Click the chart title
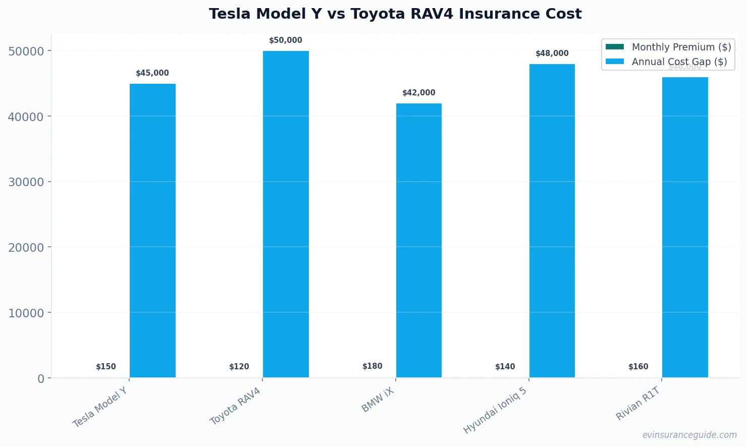click(395, 14)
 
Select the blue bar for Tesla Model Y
click(152, 231)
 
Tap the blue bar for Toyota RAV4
click(286, 214)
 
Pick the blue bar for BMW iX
click(418, 240)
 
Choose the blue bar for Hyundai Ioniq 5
click(552, 220)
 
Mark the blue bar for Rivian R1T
click(685, 227)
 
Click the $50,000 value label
click(286, 40)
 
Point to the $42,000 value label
click(418, 93)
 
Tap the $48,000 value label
click(552, 53)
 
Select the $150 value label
click(106, 367)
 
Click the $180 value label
click(372, 366)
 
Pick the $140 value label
click(505, 367)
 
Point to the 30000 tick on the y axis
click(26, 182)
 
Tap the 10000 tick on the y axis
click(26, 313)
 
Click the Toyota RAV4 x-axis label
click(236, 406)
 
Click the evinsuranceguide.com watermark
click(689, 435)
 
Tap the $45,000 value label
click(152, 73)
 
